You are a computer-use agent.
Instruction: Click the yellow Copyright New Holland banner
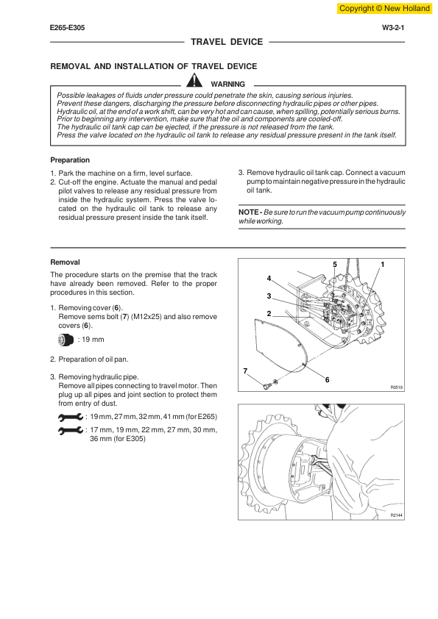pos(384,8)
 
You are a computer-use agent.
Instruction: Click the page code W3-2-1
pos(393,28)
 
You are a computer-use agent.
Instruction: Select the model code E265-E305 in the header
pos(67,28)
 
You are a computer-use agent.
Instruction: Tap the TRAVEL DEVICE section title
pos(227,42)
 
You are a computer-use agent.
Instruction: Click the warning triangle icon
pos(194,81)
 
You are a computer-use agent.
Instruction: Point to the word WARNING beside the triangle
pos(227,84)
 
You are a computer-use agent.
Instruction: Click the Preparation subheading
pos(70,160)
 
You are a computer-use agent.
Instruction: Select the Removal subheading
pos(65,262)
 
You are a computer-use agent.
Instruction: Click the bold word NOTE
pos(248,212)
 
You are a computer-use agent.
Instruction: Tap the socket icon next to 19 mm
pos(66,340)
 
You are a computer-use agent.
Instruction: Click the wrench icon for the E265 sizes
pos(71,417)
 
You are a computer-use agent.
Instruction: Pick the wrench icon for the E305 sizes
pos(71,430)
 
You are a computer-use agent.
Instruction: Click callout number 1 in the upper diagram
pos(382,265)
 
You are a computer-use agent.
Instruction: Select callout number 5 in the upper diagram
pos(335,265)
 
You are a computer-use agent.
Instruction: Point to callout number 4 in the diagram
pos(269,279)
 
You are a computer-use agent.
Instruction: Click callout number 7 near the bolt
pos(245,371)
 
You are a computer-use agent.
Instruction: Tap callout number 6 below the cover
pos(327,380)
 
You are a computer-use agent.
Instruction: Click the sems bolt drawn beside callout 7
pos(266,385)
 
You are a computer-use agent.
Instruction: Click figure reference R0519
pos(397,387)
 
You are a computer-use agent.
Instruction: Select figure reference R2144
pos(397,515)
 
